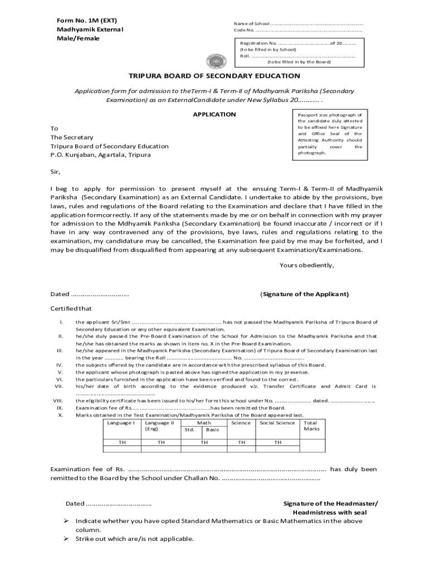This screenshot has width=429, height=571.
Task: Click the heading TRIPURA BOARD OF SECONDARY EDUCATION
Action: point(214,76)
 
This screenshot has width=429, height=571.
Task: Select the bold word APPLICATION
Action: point(214,114)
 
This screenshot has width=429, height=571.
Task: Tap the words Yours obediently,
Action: point(306,265)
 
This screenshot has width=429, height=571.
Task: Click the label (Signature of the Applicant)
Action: point(304,294)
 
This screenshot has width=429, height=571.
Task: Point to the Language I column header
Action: point(121,423)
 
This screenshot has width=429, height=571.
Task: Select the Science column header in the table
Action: point(241,423)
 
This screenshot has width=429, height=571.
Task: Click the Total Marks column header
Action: point(311,426)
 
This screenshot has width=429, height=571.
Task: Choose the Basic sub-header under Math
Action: point(212,430)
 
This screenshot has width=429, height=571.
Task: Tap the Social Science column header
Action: point(277,423)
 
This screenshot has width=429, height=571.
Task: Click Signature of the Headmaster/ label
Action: point(330,504)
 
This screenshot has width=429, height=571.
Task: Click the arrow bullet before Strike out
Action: point(65,539)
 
